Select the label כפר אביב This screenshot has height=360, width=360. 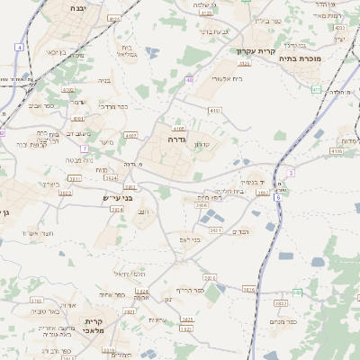click(42, 105)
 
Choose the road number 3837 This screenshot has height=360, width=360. click(268, 303)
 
